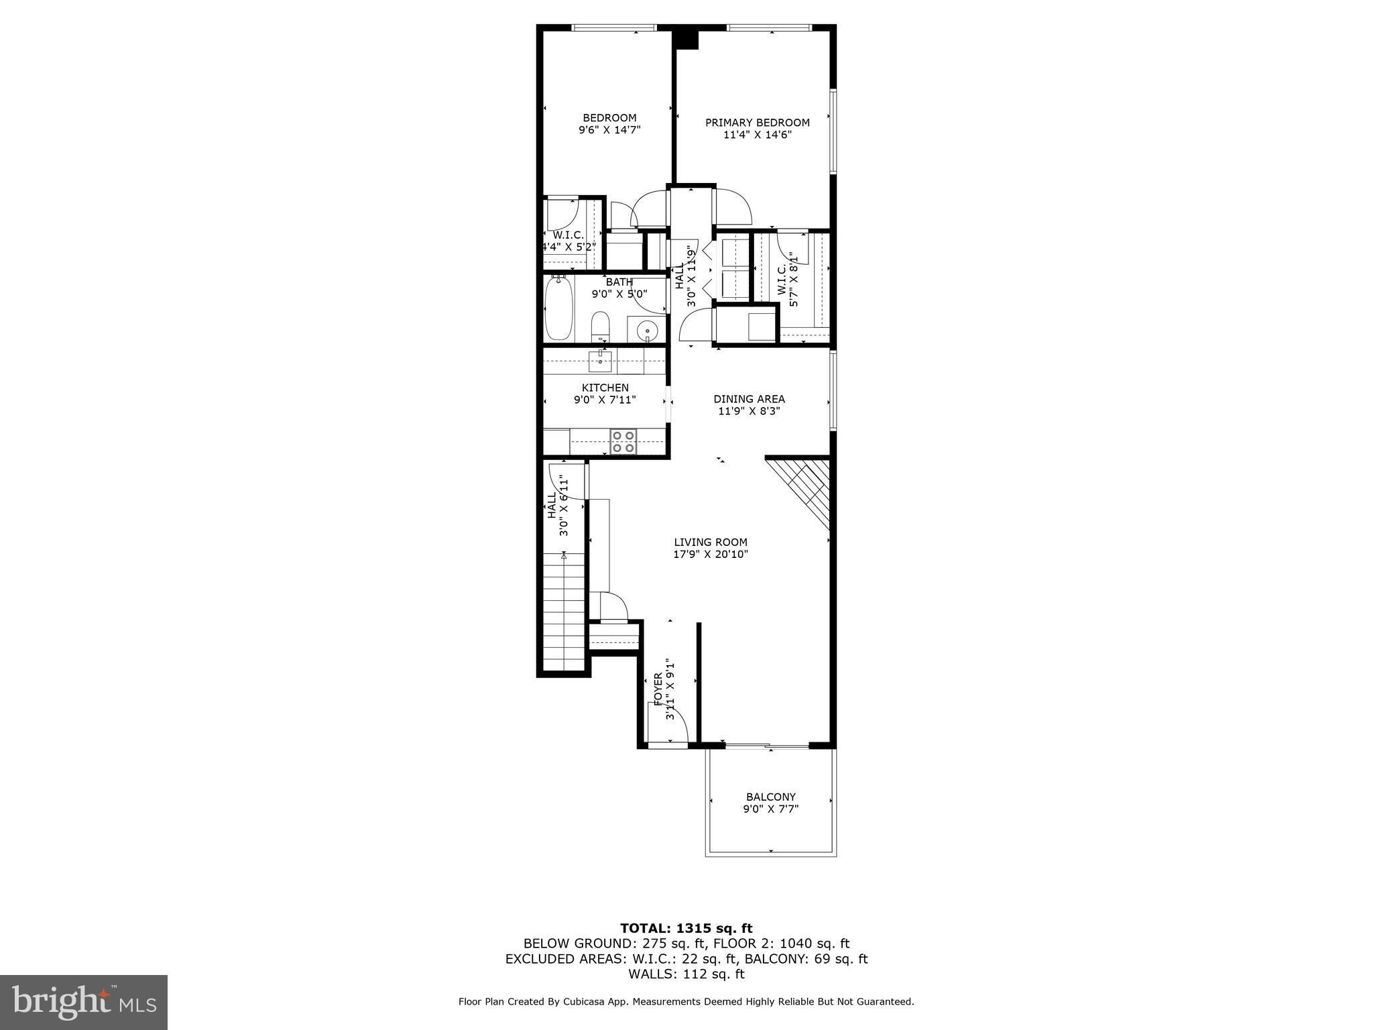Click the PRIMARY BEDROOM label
(757, 123)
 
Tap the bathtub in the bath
(558, 310)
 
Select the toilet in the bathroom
(600, 325)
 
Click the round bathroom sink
(647, 330)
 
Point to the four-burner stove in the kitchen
(623, 442)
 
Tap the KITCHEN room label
(605, 388)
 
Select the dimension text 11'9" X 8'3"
(749, 411)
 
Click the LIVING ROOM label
(710, 542)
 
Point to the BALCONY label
(770, 797)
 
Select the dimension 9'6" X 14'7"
(609, 130)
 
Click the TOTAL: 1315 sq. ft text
(686, 928)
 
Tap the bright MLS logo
(84, 1002)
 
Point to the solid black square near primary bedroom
(686, 39)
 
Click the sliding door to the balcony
(767, 746)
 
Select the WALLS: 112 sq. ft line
(686, 974)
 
